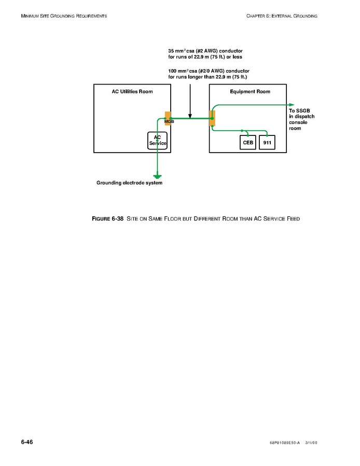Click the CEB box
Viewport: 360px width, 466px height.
point(248,142)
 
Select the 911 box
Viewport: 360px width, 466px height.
point(267,142)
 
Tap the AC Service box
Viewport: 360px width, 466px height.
point(157,140)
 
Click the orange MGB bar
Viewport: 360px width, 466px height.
point(168,118)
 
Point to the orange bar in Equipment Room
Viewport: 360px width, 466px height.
point(212,118)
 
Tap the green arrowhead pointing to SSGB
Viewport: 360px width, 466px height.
point(292,104)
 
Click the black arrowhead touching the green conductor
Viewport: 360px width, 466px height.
point(190,116)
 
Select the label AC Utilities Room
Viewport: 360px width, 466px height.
point(132,91)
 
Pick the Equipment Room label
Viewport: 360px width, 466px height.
point(250,91)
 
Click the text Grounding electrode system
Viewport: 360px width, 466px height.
point(129,183)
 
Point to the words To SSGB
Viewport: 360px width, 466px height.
point(298,111)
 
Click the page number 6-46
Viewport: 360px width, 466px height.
point(27,442)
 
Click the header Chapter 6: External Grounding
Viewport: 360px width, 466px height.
point(282,16)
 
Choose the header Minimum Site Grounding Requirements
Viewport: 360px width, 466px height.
point(64,16)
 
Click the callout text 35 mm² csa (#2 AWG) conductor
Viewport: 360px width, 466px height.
point(205,51)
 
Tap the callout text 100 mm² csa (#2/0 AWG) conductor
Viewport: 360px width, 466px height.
point(209,71)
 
